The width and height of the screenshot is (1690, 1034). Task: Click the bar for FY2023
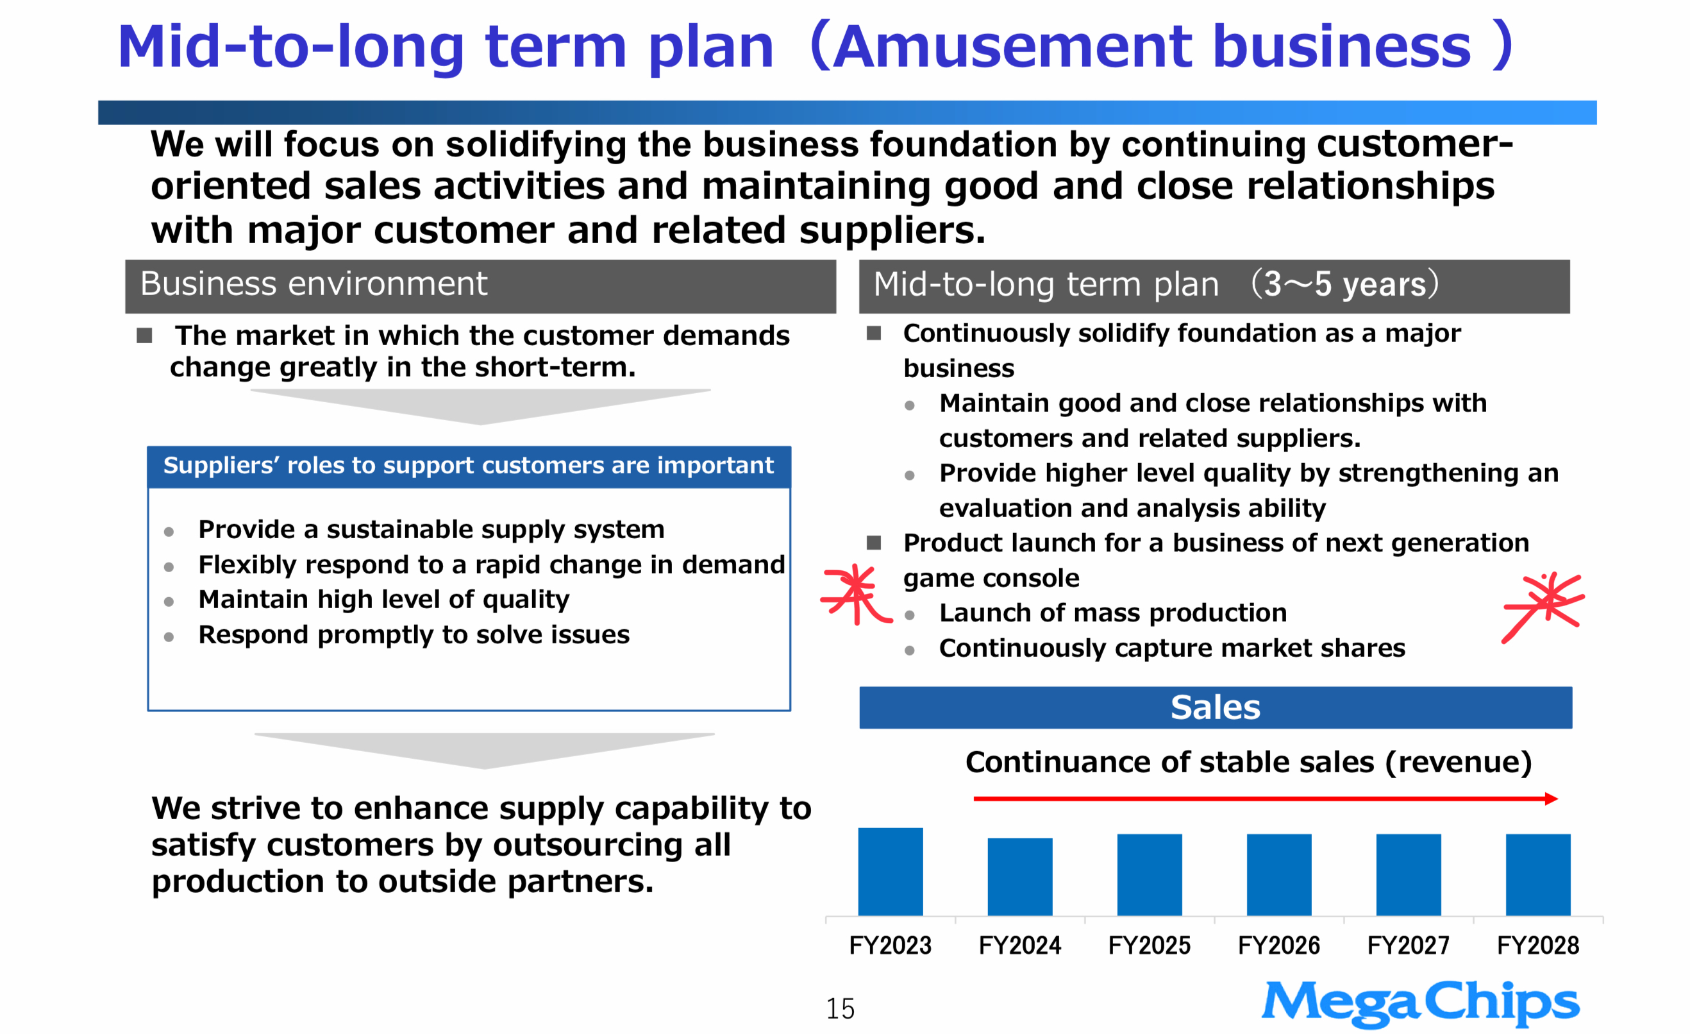point(891,871)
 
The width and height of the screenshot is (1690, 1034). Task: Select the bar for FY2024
point(1020,876)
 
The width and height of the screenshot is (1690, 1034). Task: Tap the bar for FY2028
point(1539,875)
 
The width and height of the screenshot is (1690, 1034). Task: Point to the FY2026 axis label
point(1279,945)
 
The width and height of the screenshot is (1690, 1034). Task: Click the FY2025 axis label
point(1150,945)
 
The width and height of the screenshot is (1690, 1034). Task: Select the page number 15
point(841,1008)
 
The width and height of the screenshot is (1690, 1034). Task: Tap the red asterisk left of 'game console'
point(855,594)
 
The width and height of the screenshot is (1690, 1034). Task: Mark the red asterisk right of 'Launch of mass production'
point(1544,607)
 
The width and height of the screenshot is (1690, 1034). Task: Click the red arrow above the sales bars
point(1266,799)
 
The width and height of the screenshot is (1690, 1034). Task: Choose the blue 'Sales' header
point(1216,708)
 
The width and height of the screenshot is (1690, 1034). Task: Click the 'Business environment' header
point(480,286)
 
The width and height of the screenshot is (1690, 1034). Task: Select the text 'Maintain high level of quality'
point(384,600)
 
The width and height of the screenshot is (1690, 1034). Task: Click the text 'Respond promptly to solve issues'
point(414,634)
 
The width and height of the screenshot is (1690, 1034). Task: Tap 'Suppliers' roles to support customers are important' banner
point(469,466)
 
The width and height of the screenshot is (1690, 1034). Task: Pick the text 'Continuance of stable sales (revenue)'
point(1248,762)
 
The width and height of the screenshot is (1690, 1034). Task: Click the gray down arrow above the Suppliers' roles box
point(480,407)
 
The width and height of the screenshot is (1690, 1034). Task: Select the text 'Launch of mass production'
point(1112,613)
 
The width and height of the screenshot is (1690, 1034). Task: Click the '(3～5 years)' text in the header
point(1344,284)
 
